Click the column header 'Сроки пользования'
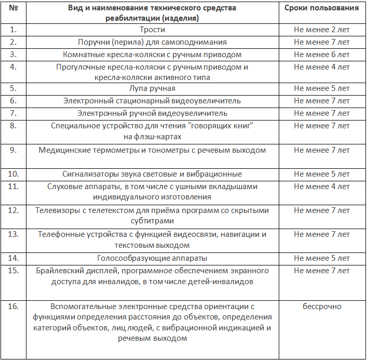point(322,8)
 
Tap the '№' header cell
point(12,8)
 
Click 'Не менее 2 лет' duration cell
point(322,30)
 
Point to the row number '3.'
point(13,55)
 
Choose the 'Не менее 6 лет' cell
point(322,55)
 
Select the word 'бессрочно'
point(322,306)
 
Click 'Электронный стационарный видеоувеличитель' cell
point(152,101)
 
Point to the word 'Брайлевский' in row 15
point(59,271)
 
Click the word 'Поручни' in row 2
point(92,42)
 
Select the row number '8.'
point(13,126)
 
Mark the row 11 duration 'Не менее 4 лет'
point(322,186)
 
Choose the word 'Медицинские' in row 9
point(62,150)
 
